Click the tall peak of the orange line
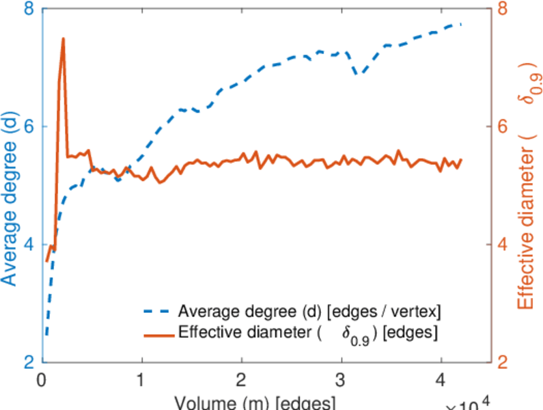click(x=64, y=39)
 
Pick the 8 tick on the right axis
click(x=501, y=10)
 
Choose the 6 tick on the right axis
click(x=501, y=127)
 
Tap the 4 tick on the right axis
click(x=501, y=245)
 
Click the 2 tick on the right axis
click(x=501, y=362)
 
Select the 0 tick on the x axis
click(x=42, y=379)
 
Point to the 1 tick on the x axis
click(x=141, y=379)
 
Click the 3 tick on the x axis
click(x=341, y=379)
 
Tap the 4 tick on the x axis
click(x=441, y=379)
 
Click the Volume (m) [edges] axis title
click(x=254, y=401)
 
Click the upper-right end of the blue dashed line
click(x=461, y=24)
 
